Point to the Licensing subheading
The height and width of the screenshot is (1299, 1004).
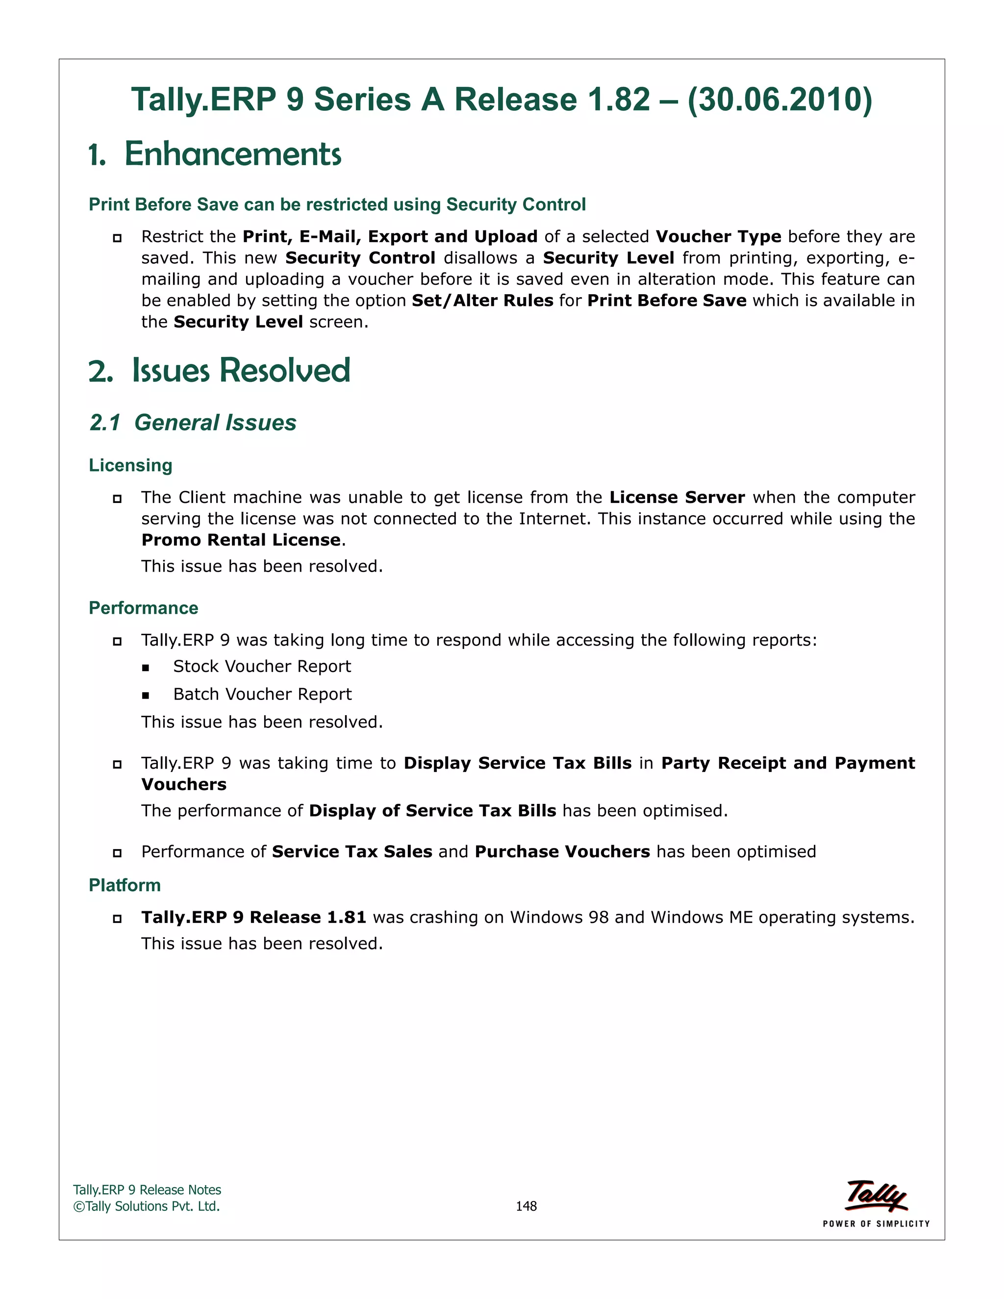click(x=130, y=465)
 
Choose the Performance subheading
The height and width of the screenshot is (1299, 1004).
click(x=143, y=608)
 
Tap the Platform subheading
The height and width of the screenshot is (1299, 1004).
click(x=125, y=885)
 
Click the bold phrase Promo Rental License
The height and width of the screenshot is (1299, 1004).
click(x=241, y=540)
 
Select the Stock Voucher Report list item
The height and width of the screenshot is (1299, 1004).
click(x=262, y=666)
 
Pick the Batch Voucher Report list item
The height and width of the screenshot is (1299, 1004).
click(x=262, y=694)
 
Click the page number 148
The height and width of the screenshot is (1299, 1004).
click(x=526, y=1206)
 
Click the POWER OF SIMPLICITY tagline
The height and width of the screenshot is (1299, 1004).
click(x=876, y=1224)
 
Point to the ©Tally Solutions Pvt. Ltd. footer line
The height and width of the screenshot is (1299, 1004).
click(x=146, y=1206)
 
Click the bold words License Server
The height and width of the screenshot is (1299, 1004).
click(x=677, y=497)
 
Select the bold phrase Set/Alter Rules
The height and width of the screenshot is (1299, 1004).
click(x=482, y=300)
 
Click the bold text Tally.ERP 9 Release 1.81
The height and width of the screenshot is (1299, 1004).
click(x=253, y=917)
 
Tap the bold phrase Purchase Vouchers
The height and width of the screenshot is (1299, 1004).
click(x=562, y=852)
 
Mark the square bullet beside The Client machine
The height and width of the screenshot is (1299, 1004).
click(x=117, y=499)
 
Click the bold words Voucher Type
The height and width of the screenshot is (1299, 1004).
click(x=718, y=236)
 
